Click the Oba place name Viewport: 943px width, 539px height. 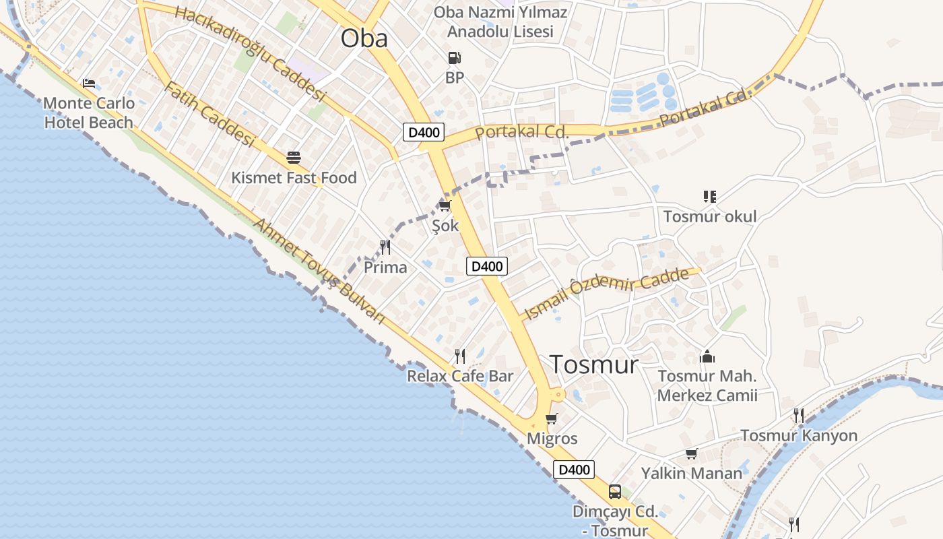tap(364, 38)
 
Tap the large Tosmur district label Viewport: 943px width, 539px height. tap(594, 364)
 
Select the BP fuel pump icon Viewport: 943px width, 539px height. tap(455, 59)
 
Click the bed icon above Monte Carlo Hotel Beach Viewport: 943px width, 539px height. tap(89, 84)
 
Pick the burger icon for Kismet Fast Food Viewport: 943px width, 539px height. tap(294, 158)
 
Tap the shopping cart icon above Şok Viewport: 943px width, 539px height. tap(445, 205)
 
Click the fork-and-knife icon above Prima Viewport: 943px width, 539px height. tap(385, 247)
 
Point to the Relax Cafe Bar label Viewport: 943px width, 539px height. tap(460, 376)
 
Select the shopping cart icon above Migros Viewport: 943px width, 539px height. tap(552, 419)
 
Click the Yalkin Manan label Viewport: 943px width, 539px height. tap(691, 473)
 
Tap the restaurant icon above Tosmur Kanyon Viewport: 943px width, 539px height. tap(799, 415)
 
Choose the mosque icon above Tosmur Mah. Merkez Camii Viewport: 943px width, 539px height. tap(707, 356)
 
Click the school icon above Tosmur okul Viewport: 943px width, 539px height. tap(709, 197)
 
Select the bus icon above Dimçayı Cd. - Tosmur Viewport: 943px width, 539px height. tap(615, 492)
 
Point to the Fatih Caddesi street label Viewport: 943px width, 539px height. tap(209, 115)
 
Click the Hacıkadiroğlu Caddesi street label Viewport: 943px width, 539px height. tap(250, 54)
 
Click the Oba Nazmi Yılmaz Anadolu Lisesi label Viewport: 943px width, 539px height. tap(500, 22)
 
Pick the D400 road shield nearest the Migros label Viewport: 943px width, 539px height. tap(574, 470)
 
